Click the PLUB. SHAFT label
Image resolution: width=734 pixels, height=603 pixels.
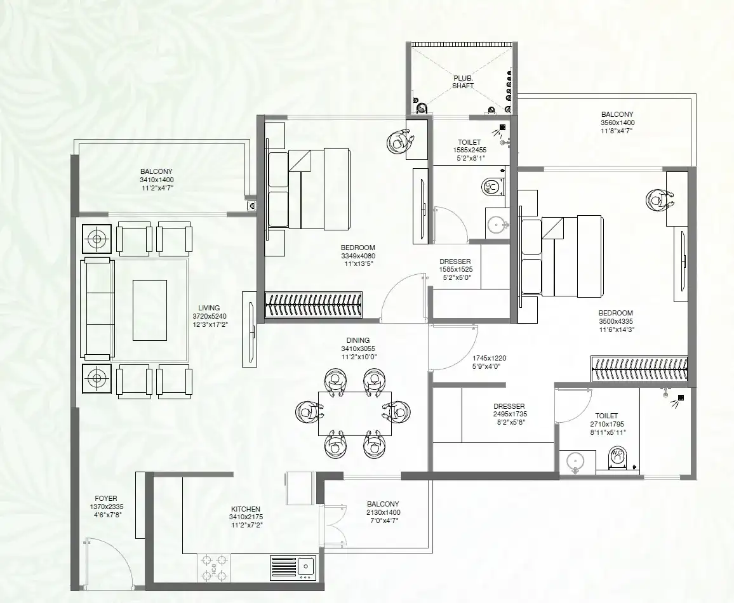coord(463,82)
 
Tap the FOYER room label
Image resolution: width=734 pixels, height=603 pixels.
coord(106,498)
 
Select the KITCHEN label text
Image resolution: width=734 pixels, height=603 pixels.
coord(246,509)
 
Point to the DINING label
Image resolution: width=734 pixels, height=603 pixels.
coord(358,340)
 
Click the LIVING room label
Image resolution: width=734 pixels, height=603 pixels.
coord(209,308)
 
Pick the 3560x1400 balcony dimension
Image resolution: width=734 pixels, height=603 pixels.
coord(617,123)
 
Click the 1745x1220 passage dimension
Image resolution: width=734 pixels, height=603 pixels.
coord(489,359)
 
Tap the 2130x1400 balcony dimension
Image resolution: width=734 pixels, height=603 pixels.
coord(383,512)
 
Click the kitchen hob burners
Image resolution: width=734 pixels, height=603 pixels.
coord(213,567)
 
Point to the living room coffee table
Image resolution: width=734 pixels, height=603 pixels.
coord(150,310)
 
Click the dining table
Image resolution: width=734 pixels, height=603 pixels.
coord(355,413)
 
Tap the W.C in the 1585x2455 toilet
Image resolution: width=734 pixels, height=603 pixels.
coord(493,187)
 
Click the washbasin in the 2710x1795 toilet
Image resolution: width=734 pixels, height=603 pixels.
coord(576,461)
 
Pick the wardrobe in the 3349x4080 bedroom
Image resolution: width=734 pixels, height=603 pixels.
coord(313,305)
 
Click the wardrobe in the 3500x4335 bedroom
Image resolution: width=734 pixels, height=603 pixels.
coord(639,369)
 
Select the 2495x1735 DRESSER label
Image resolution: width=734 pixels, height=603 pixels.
coord(509,406)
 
